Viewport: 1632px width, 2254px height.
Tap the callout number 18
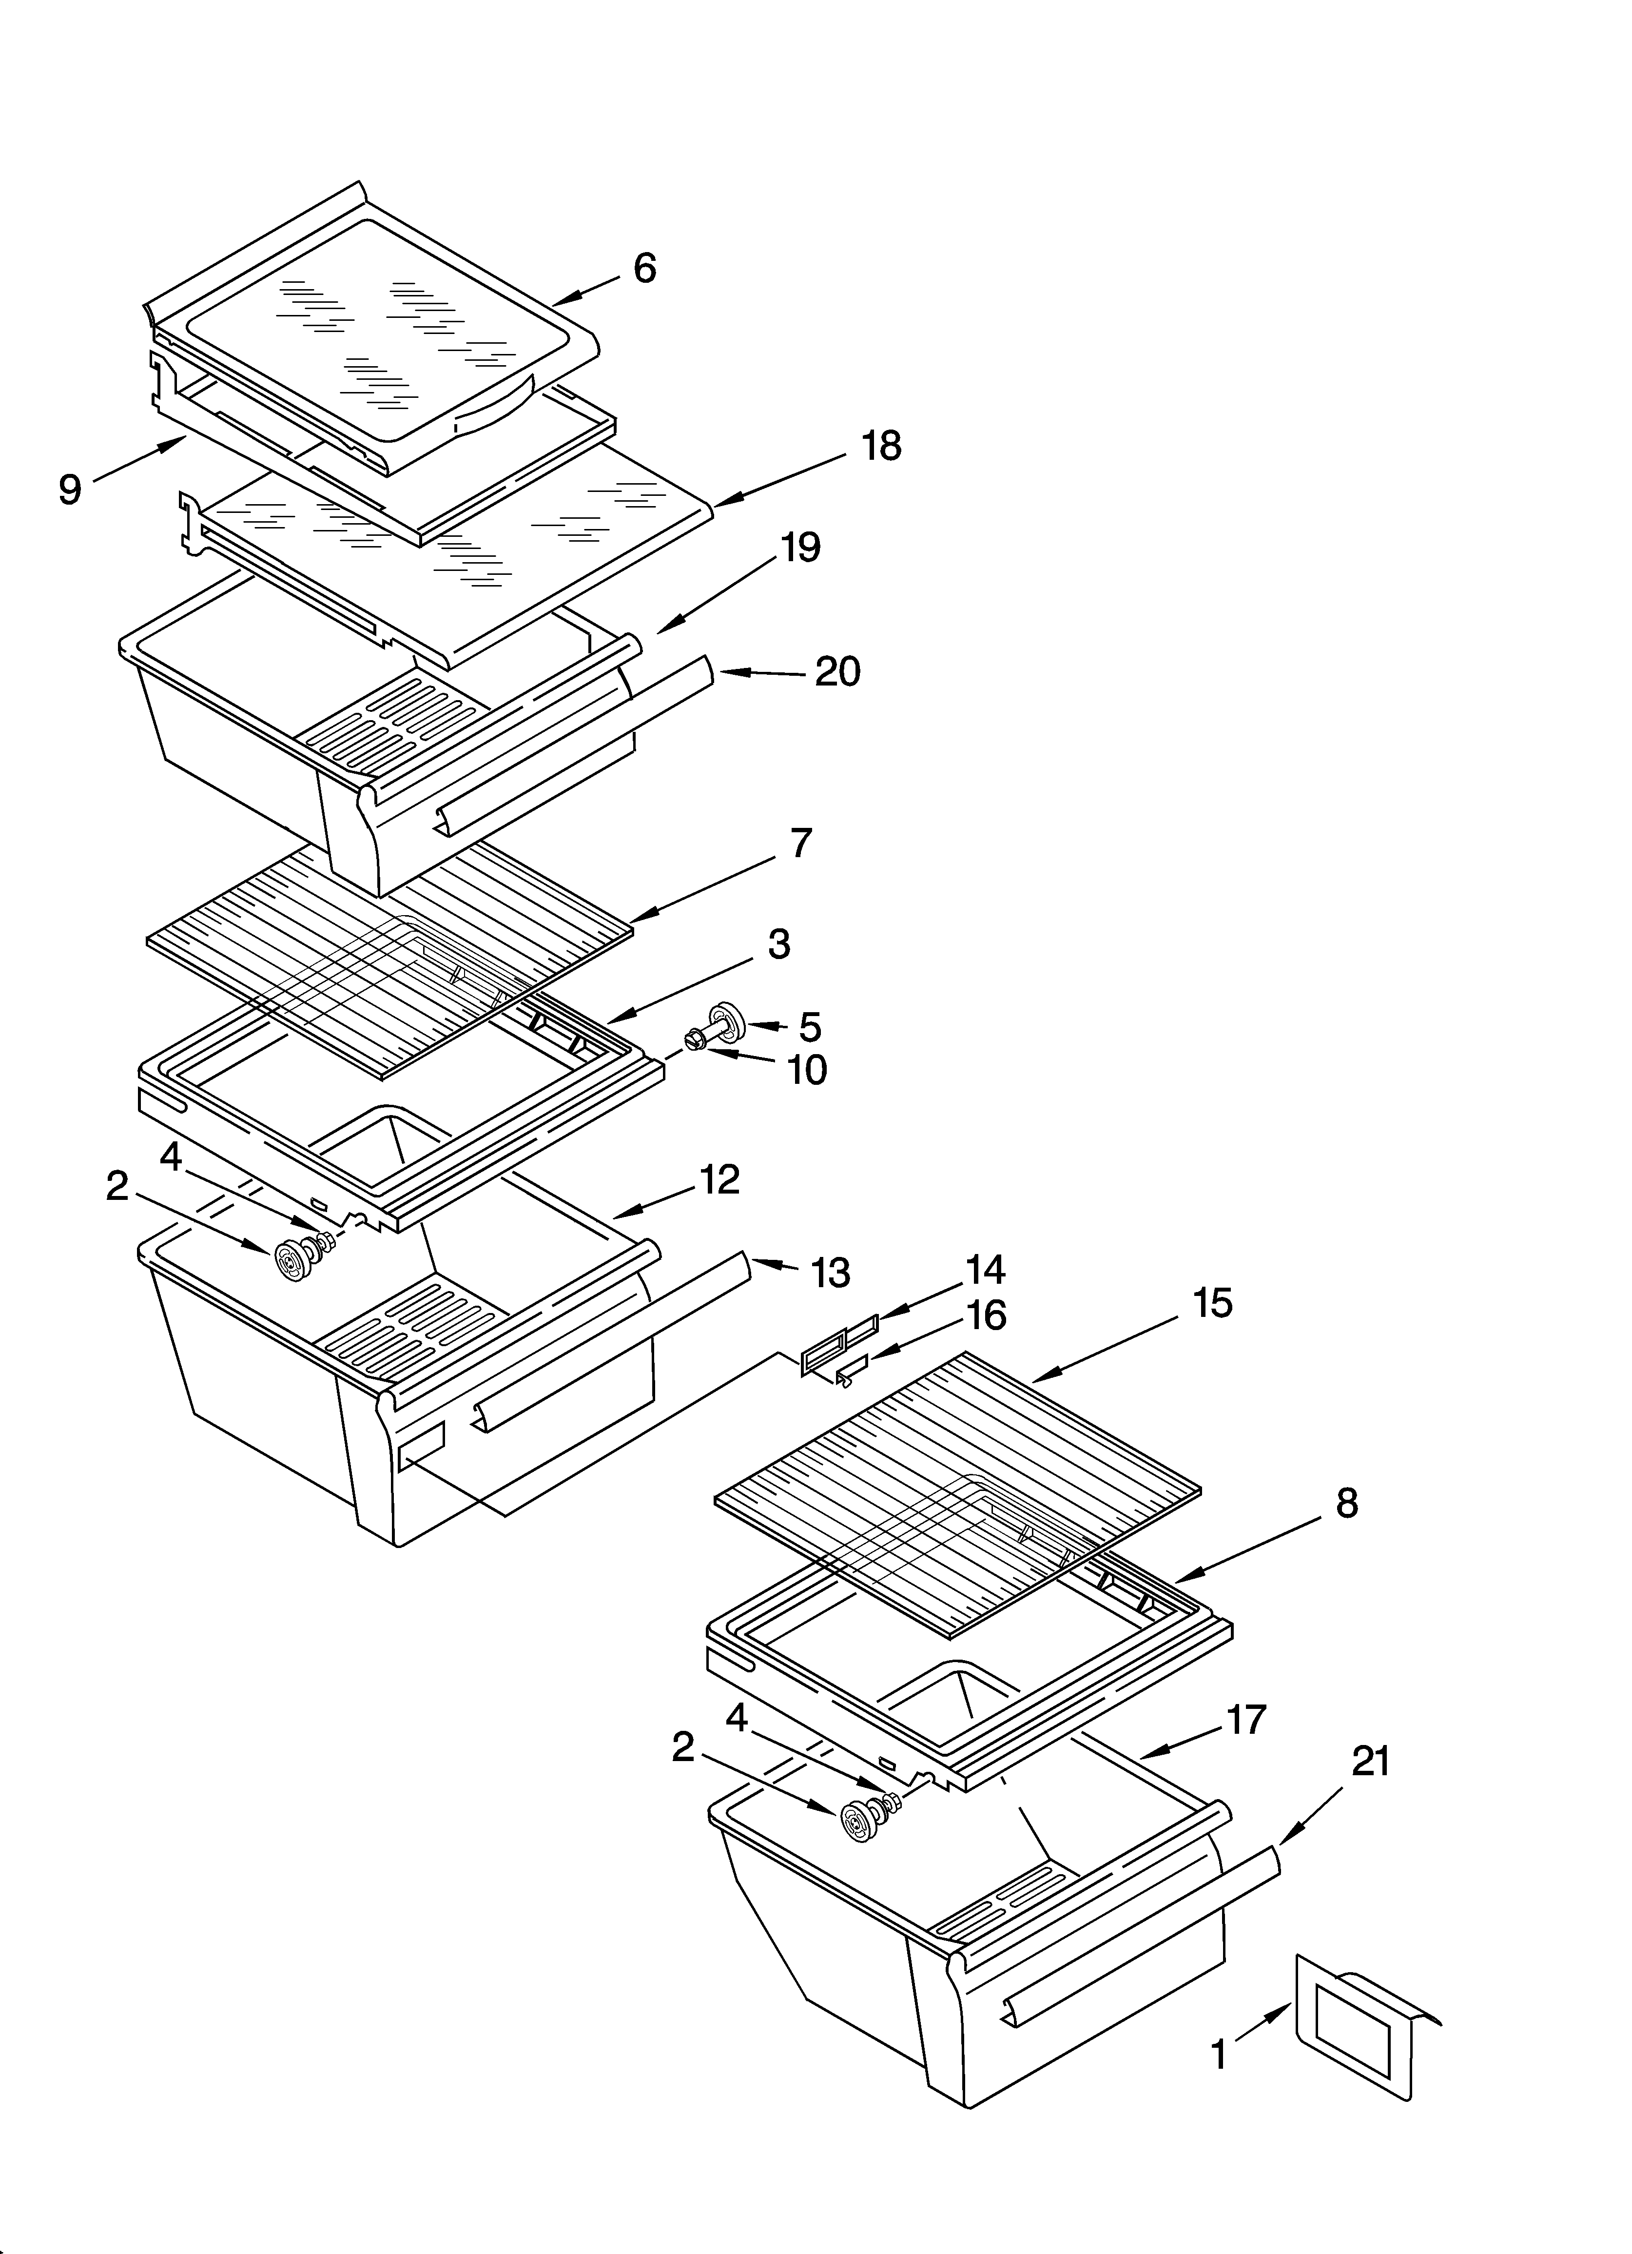(x=881, y=446)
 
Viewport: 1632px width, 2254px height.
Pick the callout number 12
(x=719, y=1180)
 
